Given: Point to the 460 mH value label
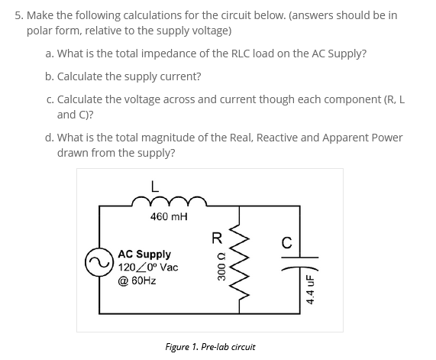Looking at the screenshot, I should click(x=169, y=217).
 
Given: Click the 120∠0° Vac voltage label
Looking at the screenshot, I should click(x=148, y=268).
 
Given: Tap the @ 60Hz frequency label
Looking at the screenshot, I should click(x=137, y=281).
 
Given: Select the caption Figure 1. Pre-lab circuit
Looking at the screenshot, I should click(x=210, y=346).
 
